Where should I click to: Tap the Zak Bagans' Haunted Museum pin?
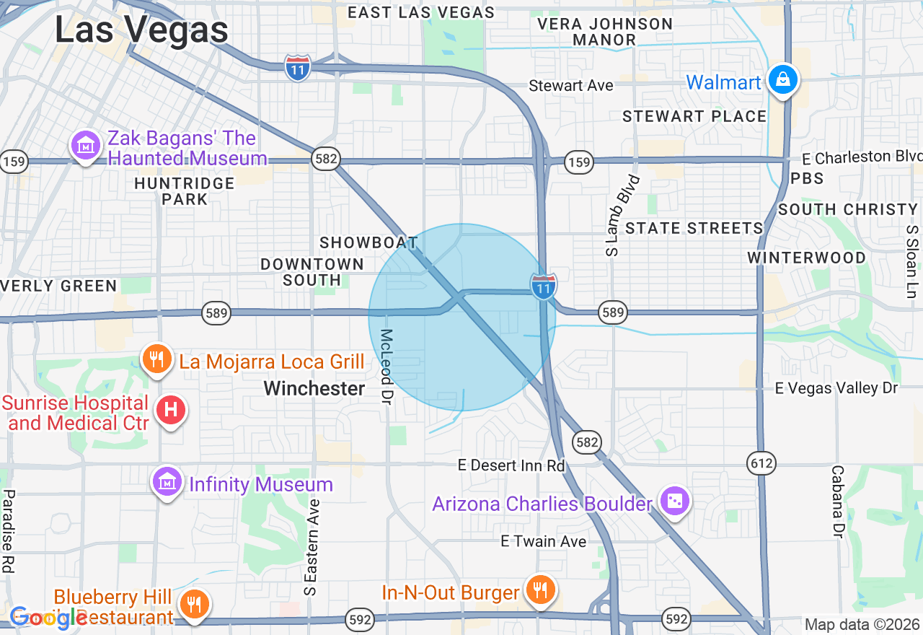pyautogui.click(x=86, y=145)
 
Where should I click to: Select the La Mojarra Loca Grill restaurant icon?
pyautogui.click(x=156, y=359)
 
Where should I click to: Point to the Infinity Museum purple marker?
pyautogui.click(x=167, y=481)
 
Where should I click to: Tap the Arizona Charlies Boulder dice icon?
pyautogui.click(x=675, y=502)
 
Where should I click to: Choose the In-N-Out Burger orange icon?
pyautogui.click(x=539, y=591)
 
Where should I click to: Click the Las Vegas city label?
pyautogui.click(x=141, y=30)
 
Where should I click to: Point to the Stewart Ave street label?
pyautogui.click(x=571, y=86)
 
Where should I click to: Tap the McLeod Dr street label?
pyautogui.click(x=387, y=366)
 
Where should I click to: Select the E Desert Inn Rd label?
pyautogui.click(x=511, y=465)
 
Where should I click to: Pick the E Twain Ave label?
pyautogui.click(x=544, y=541)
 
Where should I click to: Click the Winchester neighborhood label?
pyautogui.click(x=314, y=389)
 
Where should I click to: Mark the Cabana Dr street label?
pyautogui.click(x=837, y=501)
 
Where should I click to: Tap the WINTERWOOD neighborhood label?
pyautogui.click(x=806, y=258)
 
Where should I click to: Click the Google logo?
pyautogui.click(x=49, y=617)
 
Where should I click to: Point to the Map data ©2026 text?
pyautogui.click(x=862, y=625)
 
